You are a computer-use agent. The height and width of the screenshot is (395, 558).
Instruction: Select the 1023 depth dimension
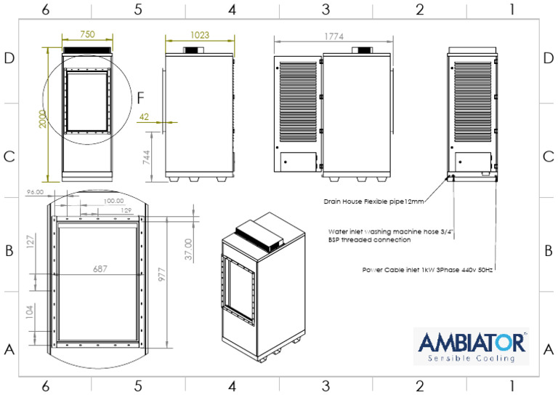pyautogui.click(x=198, y=34)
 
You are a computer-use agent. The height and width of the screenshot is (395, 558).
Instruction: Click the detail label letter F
pyautogui.click(x=141, y=95)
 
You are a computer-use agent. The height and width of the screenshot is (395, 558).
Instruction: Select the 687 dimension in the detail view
pyautogui.click(x=100, y=268)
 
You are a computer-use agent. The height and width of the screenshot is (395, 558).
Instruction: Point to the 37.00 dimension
pyautogui.click(x=188, y=250)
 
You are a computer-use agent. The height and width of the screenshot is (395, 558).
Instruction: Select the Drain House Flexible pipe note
pyautogui.click(x=373, y=199)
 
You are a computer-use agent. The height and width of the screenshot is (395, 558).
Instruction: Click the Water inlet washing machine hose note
pyautogui.click(x=391, y=235)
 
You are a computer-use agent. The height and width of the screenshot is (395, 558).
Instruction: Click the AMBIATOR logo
pyautogui.click(x=470, y=342)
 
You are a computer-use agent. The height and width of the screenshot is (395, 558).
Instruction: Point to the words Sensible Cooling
pyautogui.click(x=470, y=358)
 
